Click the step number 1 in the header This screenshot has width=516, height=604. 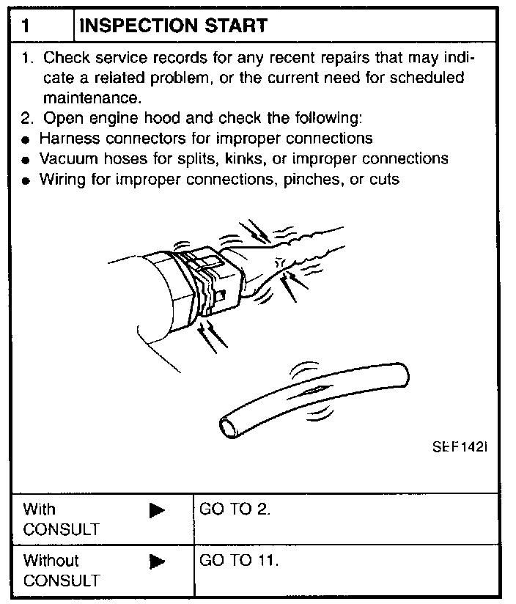tap(26, 26)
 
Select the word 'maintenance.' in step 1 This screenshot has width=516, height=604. tap(92, 97)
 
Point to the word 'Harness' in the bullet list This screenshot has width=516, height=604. tap(67, 139)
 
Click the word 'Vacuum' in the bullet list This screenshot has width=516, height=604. tap(67, 158)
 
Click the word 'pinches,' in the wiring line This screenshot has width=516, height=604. tap(317, 179)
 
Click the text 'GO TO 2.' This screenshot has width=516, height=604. tap(235, 509)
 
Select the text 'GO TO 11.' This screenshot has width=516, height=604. tap(239, 561)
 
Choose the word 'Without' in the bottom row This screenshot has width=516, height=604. tap(51, 561)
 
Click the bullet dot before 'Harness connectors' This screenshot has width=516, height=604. tap(26, 140)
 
